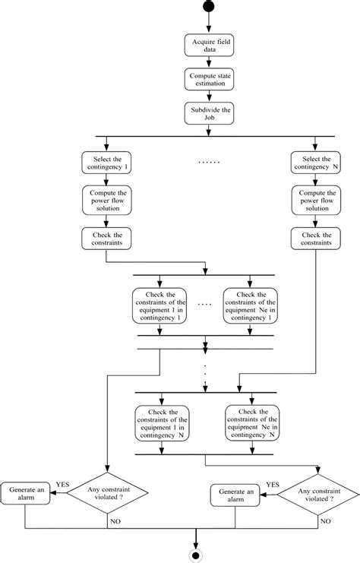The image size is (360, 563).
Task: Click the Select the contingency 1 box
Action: point(106,162)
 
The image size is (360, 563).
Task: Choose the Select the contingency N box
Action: point(314,162)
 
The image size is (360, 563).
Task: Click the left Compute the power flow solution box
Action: point(106,200)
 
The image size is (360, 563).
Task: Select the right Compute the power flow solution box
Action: point(314,200)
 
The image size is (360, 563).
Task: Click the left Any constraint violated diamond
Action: point(106,492)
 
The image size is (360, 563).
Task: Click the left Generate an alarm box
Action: point(27,492)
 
